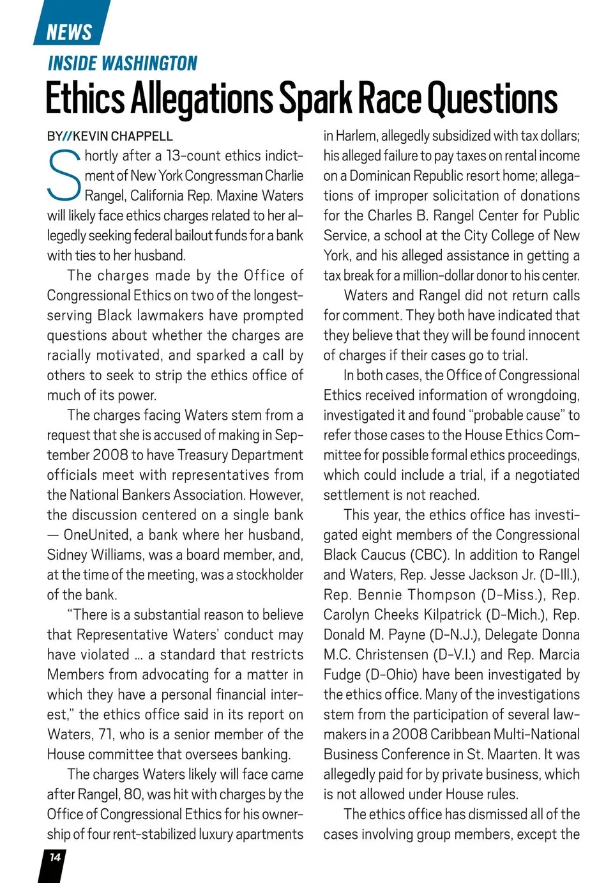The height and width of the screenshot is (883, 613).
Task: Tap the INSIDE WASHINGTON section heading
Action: click(x=123, y=63)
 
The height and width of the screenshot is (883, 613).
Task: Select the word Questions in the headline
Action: click(x=492, y=99)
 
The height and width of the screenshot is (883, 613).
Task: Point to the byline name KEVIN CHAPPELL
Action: click(x=123, y=136)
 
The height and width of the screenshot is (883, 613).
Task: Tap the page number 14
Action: click(x=55, y=857)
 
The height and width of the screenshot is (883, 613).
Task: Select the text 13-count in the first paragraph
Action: click(x=192, y=156)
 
